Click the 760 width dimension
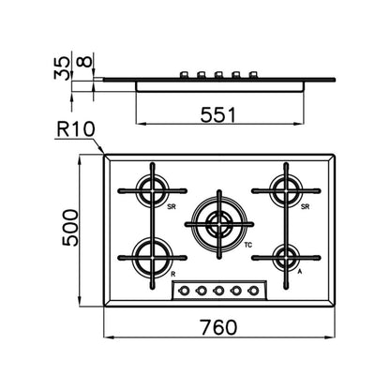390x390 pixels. pyautogui.click(x=218, y=327)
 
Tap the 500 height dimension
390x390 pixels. pyautogui.click(x=70, y=228)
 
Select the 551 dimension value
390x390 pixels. pyautogui.click(x=217, y=114)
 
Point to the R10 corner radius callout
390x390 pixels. pyautogui.click(x=76, y=129)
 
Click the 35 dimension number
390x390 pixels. pyautogui.click(x=62, y=67)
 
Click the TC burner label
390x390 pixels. pyautogui.click(x=247, y=245)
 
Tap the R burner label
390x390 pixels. pyautogui.click(x=173, y=275)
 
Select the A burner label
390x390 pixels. pyautogui.click(x=299, y=272)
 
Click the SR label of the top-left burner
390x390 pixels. pyautogui.click(x=172, y=206)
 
